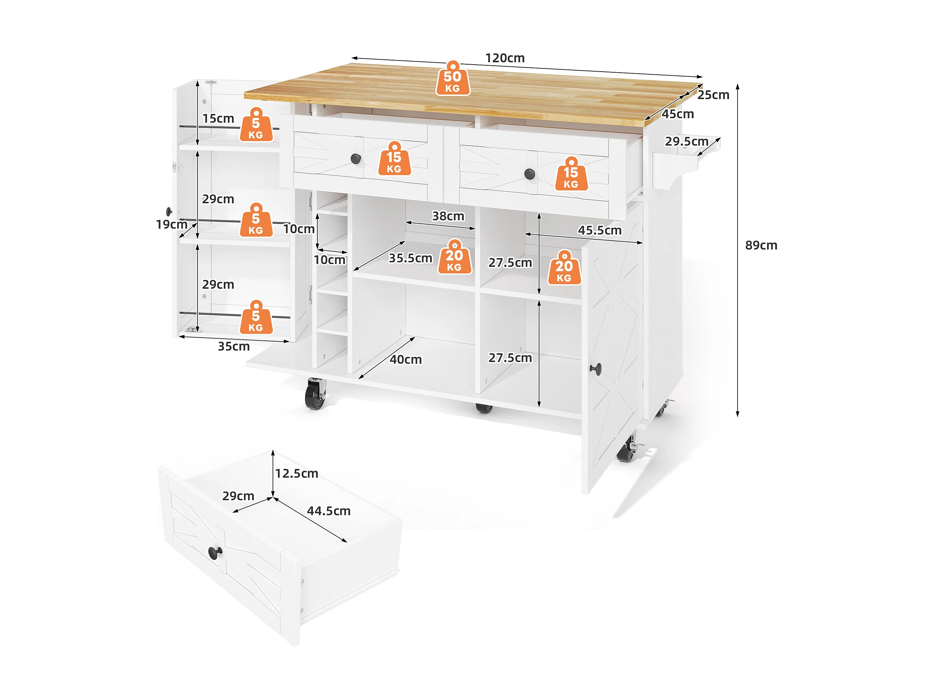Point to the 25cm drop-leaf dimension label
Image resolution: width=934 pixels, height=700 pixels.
pyautogui.click(x=713, y=95)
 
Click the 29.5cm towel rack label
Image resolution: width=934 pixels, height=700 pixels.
pyautogui.click(x=686, y=141)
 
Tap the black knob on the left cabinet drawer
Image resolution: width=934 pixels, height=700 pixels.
pyautogui.click(x=356, y=158)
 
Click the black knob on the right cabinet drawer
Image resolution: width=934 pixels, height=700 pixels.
pyautogui.click(x=530, y=173)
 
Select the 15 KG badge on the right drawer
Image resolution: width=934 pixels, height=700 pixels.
pyautogui.click(x=571, y=174)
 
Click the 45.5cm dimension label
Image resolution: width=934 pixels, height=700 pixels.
pyautogui.click(x=599, y=230)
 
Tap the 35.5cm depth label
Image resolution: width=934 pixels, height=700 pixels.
pyautogui.click(x=410, y=258)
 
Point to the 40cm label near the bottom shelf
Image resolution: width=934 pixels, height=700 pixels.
pyautogui.click(x=405, y=359)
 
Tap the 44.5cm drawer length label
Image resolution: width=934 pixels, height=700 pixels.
pyautogui.click(x=329, y=511)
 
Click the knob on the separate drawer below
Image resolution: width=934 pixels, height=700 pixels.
pyautogui.click(x=215, y=552)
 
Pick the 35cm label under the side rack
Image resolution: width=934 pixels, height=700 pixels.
pyautogui.click(x=234, y=347)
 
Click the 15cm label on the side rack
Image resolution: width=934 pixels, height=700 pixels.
pyautogui.click(x=218, y=119)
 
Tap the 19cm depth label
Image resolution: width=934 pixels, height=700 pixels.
pyautogui.click(x=171, y=225)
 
